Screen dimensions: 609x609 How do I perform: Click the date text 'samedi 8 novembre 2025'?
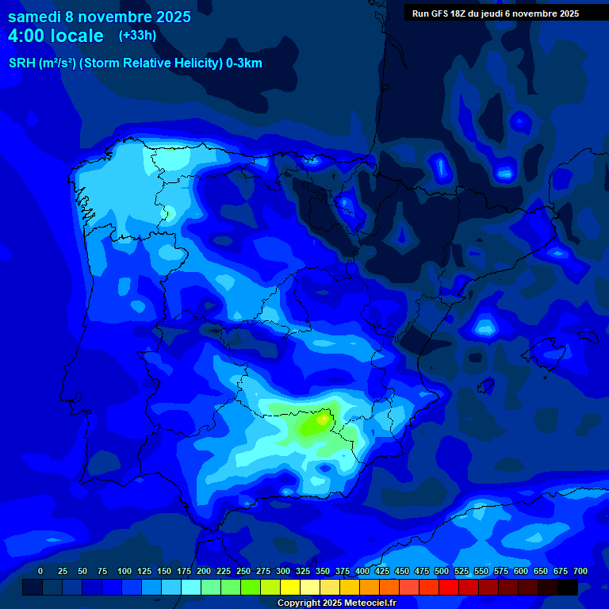[x=99, y=17]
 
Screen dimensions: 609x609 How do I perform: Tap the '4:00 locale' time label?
[x=56, y=36]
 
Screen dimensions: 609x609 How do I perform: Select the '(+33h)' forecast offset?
[x=137, y=36]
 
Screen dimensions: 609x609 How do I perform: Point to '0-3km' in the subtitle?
[x=243, y=63]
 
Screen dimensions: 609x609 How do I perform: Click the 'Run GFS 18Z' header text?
[x=439, y=13]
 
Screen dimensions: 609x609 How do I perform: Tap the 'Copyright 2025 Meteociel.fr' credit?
[x=336, y=603]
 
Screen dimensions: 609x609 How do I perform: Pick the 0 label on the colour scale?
[x=40, y=571]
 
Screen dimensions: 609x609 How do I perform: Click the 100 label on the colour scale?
[x=124, y=571]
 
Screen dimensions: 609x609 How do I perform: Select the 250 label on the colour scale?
[x=243, y=571]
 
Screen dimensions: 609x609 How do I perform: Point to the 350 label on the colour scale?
[x=323, y=571]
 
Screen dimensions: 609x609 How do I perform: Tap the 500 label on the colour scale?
[x=442, y=571]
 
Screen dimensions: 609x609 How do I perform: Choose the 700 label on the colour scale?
[x=580, y=571]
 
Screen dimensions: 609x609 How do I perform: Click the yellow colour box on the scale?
[x=290, y=588]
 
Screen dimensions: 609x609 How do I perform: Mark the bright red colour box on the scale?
[x=449, y=588]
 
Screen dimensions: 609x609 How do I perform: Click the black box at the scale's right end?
[x=568, y=588]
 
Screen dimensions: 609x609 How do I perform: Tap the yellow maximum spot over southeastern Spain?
[x=323, y=419]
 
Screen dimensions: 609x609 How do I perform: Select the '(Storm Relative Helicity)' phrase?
[x=150, y=63]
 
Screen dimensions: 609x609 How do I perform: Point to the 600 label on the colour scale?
[x=521, y=571]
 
